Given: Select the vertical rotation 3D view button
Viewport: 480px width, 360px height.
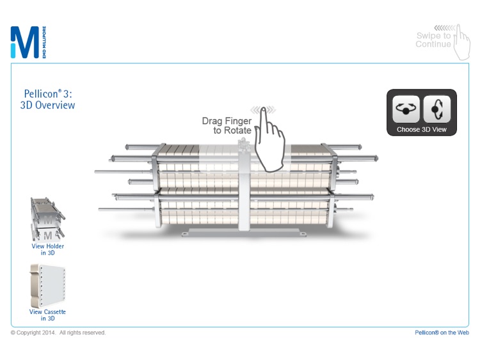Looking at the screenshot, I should [x=436, y=109].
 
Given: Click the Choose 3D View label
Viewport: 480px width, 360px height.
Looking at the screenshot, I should [x=420, y=129].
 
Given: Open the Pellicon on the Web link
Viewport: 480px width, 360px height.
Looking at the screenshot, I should [x=442, y=333].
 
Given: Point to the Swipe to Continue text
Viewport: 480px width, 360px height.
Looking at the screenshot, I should [x=433, y=40].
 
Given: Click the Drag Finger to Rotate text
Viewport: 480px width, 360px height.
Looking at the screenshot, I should [x=227, y=125].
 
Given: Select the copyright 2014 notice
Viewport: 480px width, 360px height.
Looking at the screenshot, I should [x=58, y=333].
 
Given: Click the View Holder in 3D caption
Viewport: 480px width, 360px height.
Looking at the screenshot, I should [x=48, y=249].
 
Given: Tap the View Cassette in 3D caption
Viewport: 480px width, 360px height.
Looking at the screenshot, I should [x=47, y=315].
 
